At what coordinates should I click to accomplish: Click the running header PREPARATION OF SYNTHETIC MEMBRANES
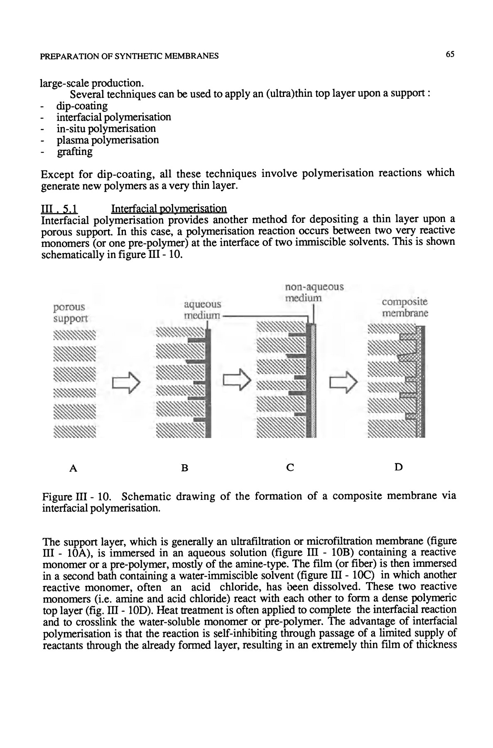click(x=129, y=56)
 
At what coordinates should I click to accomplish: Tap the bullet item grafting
click(x=75, y=151)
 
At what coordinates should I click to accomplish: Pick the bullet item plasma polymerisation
click(x=108, y=140)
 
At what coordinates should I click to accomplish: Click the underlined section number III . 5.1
click(x=58, y=208)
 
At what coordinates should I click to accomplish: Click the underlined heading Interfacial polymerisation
click(x=169, y=208)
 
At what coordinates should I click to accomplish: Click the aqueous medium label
click(x=202, y=310)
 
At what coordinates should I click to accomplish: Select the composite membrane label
click(x=405, y=307)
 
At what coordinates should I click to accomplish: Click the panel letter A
click(x=73, y=468)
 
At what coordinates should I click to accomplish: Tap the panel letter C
click(x=290, y=467)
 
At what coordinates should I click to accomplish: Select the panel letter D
click(x=398, y=467)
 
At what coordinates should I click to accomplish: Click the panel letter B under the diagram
click(x=185, y=468)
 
